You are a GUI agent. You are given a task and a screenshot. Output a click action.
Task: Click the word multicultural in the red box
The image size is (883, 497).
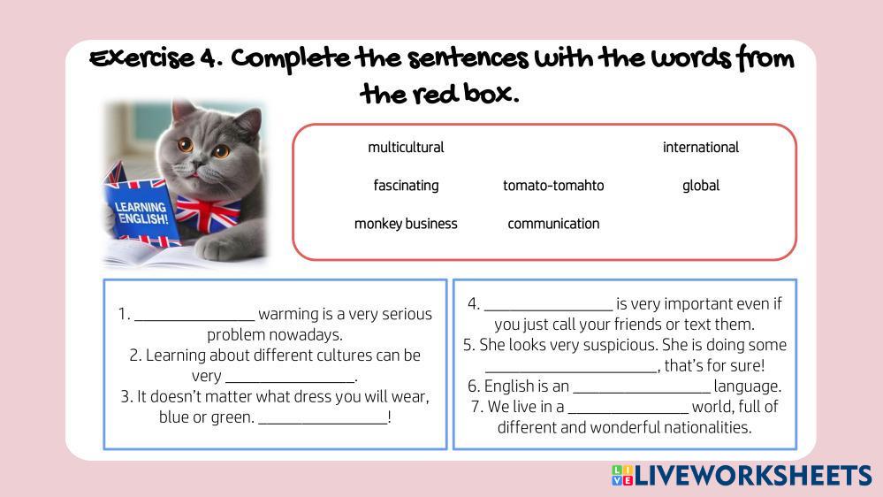(x=406, y=148)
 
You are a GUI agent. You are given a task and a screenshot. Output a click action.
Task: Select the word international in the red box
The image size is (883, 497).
(x=701, y=148)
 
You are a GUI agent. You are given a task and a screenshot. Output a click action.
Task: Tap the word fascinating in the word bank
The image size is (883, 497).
(x=406, y=186)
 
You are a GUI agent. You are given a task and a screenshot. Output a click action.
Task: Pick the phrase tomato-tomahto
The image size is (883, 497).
(x=553, y=186)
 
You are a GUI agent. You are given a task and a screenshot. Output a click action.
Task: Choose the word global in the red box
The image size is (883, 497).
(x=701, y=186)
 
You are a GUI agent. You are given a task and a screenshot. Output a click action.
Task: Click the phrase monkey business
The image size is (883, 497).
(x=406, y=224)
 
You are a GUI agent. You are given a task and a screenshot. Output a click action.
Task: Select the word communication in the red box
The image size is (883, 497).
(x=553, y=224)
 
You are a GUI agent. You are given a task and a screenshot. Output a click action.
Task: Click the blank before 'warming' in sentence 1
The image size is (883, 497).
(x=194, y=320)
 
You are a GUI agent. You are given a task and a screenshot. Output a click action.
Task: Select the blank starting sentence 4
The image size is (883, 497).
(x=549, y=310)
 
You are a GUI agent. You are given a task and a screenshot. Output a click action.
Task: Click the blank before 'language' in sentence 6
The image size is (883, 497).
(x=642, y=392)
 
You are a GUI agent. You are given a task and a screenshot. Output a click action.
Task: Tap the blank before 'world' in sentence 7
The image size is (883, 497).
(x=628, y=412)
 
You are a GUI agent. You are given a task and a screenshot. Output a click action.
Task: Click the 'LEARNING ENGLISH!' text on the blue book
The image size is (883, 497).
(x=141, y=213)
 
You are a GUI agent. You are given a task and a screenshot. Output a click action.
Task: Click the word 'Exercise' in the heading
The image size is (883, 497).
(x=142, y=58)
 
